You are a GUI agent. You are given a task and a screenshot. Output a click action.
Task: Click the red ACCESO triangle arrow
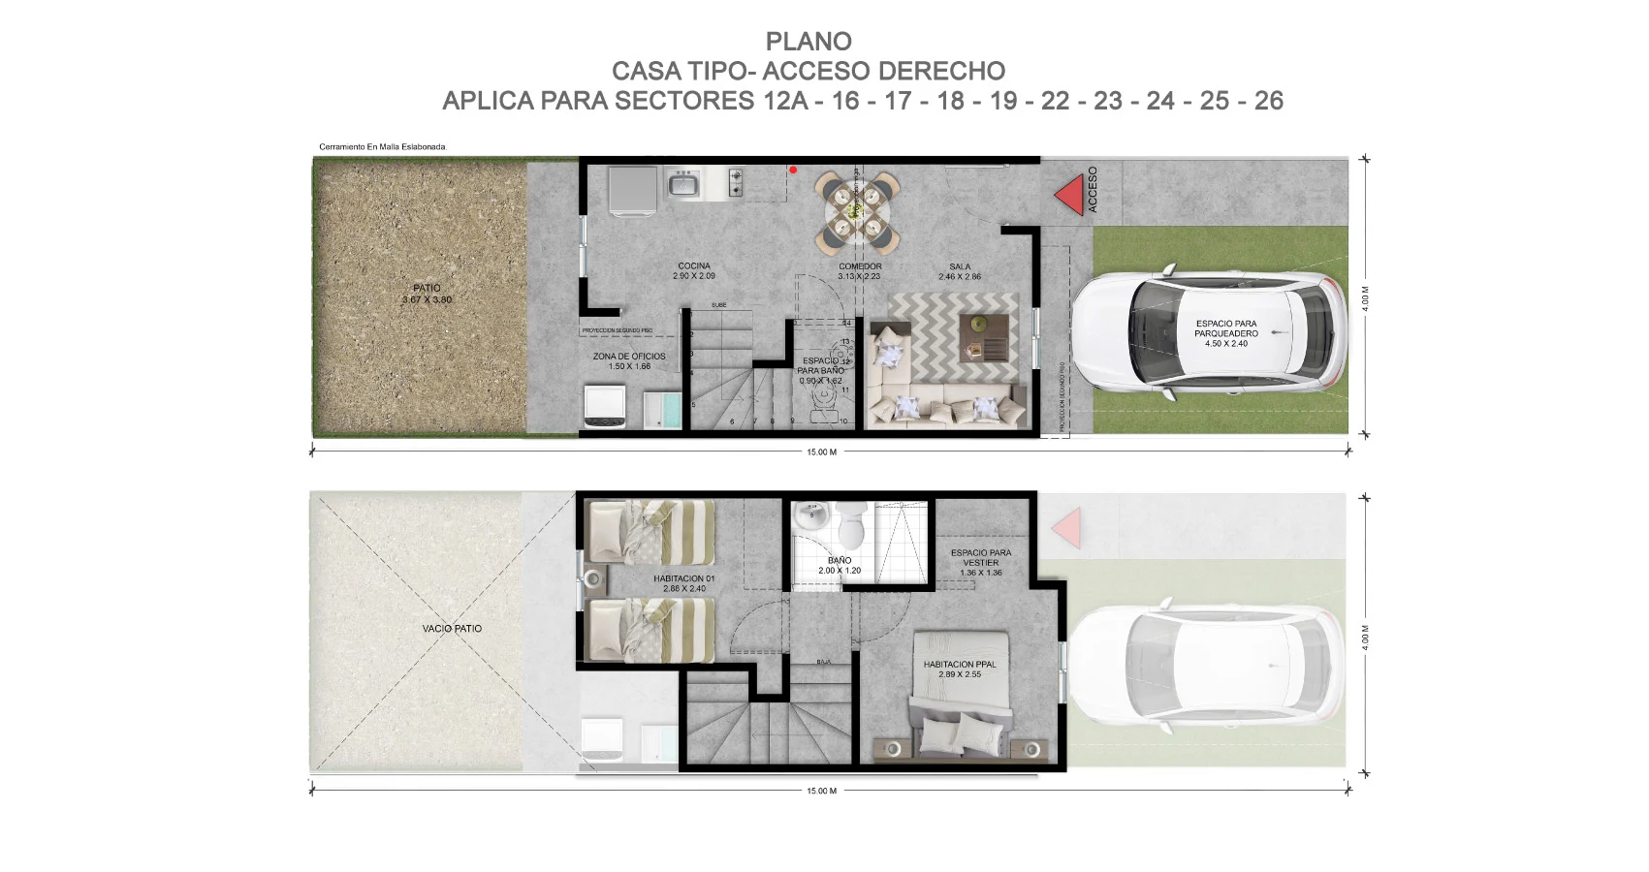tap(1068, 195)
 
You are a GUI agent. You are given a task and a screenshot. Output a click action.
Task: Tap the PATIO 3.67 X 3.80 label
tap(427, 294)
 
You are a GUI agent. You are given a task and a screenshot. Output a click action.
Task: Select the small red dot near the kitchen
tap(793, 171)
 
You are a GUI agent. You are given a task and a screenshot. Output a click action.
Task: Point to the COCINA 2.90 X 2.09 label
tap(694, 270)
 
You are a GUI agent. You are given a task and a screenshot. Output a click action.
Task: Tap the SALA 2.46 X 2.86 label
tap(960, 271)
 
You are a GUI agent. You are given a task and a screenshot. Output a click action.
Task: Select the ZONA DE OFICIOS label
tap(629, 360)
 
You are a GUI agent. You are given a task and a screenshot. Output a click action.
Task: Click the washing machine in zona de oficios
tap(604, 406)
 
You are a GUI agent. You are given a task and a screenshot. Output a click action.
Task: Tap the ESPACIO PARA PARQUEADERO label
tap(1226, 333)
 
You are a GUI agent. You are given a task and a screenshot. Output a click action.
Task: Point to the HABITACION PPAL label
tap(960, 669)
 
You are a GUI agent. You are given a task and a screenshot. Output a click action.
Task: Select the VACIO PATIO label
tap(452, 629)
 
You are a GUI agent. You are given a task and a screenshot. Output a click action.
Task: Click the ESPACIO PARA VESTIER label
tap(981, 562)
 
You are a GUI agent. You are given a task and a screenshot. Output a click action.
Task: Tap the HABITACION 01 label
tap(684, 583)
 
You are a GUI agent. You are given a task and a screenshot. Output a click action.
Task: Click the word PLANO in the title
tap(809, 42)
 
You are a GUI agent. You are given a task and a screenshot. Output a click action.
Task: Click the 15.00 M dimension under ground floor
tap(821, 452)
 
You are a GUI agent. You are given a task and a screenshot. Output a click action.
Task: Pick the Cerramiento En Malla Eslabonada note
tap(382, 147)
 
